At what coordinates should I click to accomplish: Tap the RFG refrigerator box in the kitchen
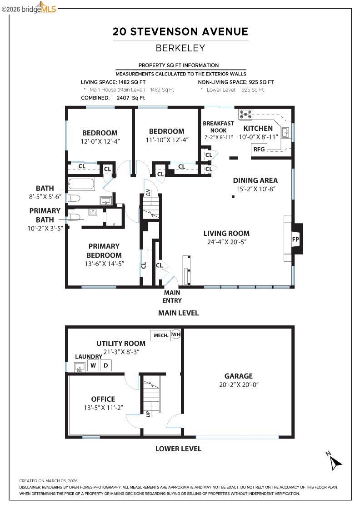(x=259, y=149)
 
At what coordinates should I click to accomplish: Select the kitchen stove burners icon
(x=246, y=114)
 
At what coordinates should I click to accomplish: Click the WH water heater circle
(x=176, y=335)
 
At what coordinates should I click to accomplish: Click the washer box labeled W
(x=93, y=365)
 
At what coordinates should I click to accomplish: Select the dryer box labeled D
(x=105, y=365)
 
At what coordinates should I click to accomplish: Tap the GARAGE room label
(x=238, y=376)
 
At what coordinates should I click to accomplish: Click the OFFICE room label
(x=103, y=399)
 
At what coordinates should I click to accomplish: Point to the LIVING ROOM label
(x=226, y=234)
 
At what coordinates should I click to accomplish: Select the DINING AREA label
(x=255, y=180)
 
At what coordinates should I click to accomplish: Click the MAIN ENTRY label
(x=172, y=297)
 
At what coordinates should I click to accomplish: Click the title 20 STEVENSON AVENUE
(x=180, y=32)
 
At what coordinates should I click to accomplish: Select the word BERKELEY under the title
(x=180, y=48)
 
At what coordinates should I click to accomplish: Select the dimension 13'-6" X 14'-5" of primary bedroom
(x=104, y=263)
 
